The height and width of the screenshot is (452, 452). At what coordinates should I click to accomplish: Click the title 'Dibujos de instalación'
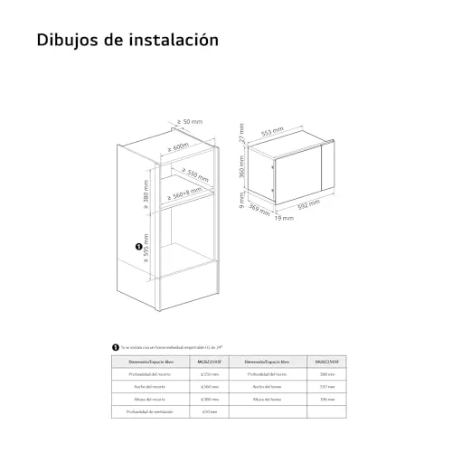pyautogui.click(x=127, y=42)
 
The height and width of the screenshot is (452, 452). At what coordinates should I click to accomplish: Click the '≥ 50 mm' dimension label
pyautogui.click(x=190, y=121)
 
